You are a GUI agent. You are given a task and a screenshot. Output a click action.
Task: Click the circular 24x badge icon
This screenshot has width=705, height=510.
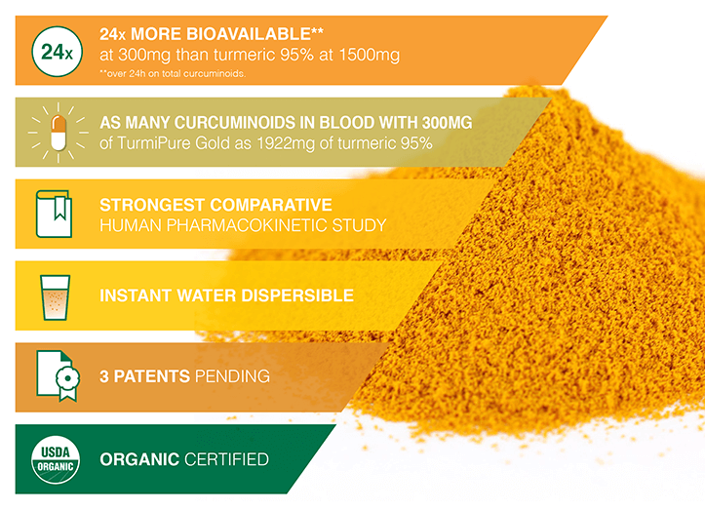[x=58, y=52]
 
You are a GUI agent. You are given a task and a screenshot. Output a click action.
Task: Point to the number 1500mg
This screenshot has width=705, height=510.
[x=370, y=55]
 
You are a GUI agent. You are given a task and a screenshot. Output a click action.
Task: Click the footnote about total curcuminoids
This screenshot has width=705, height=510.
[x=173, y=74]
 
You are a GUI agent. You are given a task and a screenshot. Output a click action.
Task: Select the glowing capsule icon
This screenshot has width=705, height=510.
[x=58, y=133]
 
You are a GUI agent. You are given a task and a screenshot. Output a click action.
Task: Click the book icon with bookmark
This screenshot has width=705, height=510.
[x=54, y=215]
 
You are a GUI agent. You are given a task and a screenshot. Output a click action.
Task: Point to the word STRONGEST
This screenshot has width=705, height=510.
[x=152, y=205]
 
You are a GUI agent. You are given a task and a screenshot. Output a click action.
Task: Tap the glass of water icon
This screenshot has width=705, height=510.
[x=56, y=297]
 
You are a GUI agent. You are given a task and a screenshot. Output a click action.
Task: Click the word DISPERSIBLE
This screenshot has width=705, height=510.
[x=297, y=295]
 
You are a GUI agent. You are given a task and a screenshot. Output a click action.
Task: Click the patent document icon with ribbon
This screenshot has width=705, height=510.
[x=58, y=376]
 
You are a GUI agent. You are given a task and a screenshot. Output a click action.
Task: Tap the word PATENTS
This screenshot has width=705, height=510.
[x=152, y=376]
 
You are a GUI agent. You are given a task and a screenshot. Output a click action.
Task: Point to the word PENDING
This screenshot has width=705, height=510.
[x=232, y=376]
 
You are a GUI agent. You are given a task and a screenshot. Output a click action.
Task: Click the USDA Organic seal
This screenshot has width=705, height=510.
[x=56, y=459]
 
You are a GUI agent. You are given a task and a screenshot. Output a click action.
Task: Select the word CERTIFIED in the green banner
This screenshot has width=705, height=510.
[x=226, y=459]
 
